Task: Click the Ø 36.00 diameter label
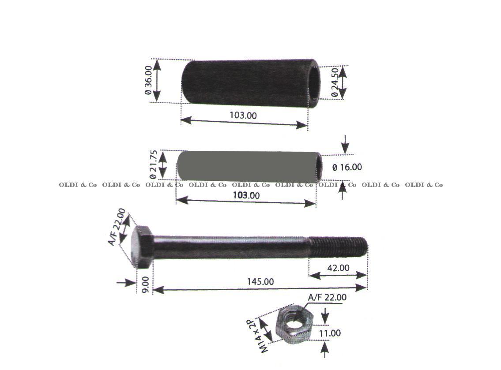(x=148, y=80)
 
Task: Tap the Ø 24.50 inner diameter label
(x=335, y=82)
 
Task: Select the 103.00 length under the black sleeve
(x=243, y=115)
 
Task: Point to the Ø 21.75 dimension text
(x=153, y=164)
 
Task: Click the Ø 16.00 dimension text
(x=347, y=167)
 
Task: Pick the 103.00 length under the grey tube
(x=246, y=195)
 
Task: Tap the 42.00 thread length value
(x=338, y=268)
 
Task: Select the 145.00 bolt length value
(x=260, y=281)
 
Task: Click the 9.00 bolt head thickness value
(x=145, y=285)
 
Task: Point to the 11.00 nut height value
(x=330, y=333)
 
